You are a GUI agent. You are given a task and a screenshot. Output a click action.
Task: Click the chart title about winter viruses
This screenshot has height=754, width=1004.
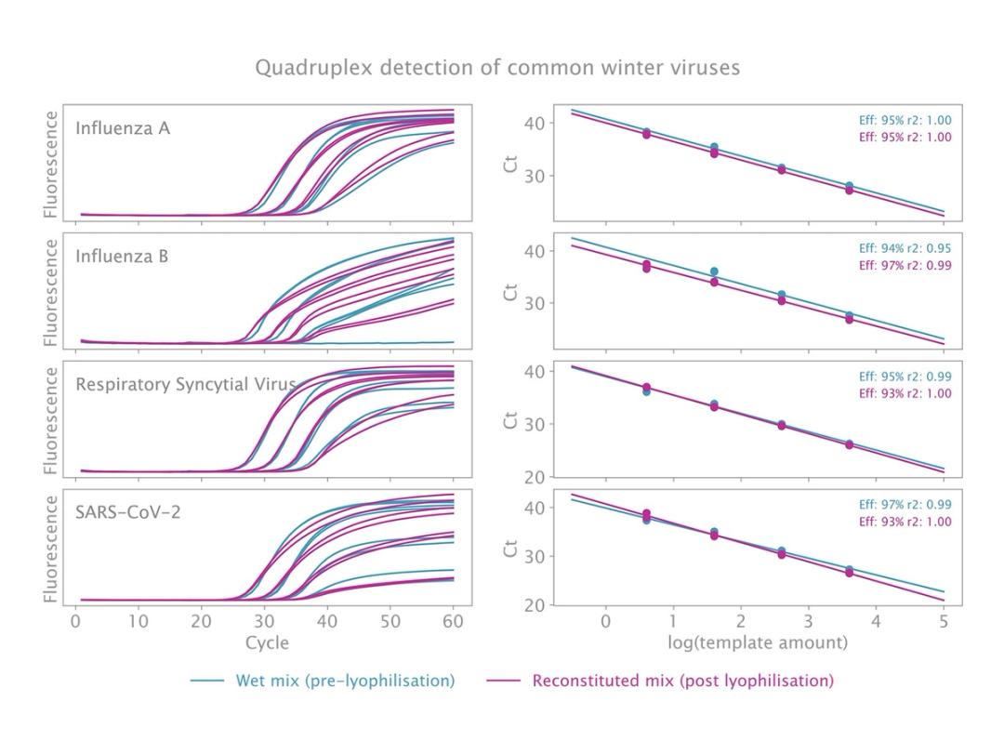click(497, 68)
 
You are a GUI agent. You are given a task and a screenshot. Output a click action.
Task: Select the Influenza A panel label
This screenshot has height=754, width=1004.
click(123, 128)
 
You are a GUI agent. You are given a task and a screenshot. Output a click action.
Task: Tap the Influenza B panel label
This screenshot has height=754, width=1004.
click(122, 256)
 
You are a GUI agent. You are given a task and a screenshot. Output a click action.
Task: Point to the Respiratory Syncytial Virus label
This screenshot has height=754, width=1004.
click(186, 384)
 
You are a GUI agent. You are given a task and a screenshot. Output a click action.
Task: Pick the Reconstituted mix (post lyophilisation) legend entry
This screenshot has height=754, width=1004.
click(682, 681)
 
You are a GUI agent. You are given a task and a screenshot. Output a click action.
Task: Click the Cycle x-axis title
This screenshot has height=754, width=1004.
click(267, 642)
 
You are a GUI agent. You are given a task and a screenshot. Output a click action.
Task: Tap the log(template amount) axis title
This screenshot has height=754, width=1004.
click(758, 642)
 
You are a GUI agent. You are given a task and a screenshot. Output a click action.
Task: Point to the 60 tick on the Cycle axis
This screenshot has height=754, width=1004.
click(453, 621)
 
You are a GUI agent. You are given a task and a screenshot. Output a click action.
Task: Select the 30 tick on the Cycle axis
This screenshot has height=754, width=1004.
click(264, 621)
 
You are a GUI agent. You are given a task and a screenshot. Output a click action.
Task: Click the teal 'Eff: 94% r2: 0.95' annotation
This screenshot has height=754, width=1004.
click(905, 248)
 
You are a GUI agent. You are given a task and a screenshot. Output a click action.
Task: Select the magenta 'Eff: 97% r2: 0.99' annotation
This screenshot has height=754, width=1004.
click(905, 265)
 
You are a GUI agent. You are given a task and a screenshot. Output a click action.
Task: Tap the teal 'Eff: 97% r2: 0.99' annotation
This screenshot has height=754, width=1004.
click(905, 505)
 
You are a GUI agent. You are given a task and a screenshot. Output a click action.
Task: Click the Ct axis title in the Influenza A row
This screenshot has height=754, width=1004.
click(509, 164)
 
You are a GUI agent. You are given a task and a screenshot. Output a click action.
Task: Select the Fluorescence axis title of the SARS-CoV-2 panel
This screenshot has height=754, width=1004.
click(52, 549)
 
